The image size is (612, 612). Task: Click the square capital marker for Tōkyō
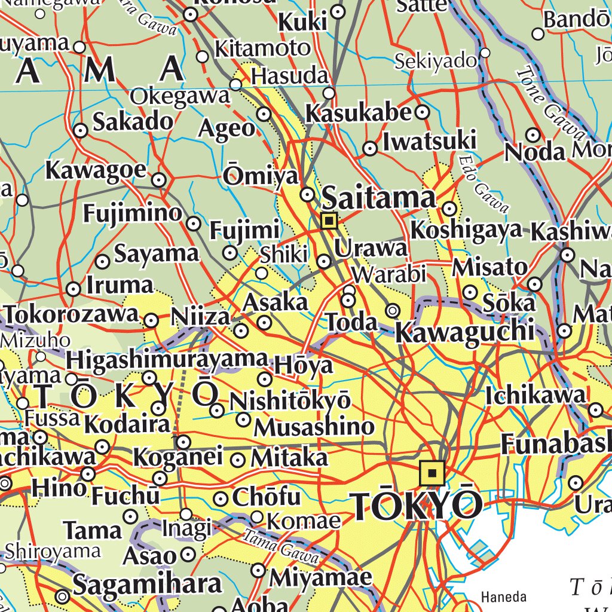point(432,473)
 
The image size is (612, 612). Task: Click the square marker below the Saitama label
point(329,221)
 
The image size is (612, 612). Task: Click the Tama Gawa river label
point(281,544)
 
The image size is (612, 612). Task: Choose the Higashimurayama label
point(166,359)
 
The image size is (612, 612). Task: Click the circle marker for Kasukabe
point(423,112)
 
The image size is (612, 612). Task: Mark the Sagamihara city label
point(147,584)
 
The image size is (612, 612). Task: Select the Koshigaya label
point(466,230)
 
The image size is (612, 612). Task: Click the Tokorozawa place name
point(72,314)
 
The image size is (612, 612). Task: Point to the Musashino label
point(314,427)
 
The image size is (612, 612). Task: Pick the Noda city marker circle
point(533,135)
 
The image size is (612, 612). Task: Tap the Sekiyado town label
point(436,60)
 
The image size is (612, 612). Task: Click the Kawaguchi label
point(464,332)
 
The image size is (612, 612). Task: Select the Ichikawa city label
point(536,395)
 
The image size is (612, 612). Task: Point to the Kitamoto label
point(262,48)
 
